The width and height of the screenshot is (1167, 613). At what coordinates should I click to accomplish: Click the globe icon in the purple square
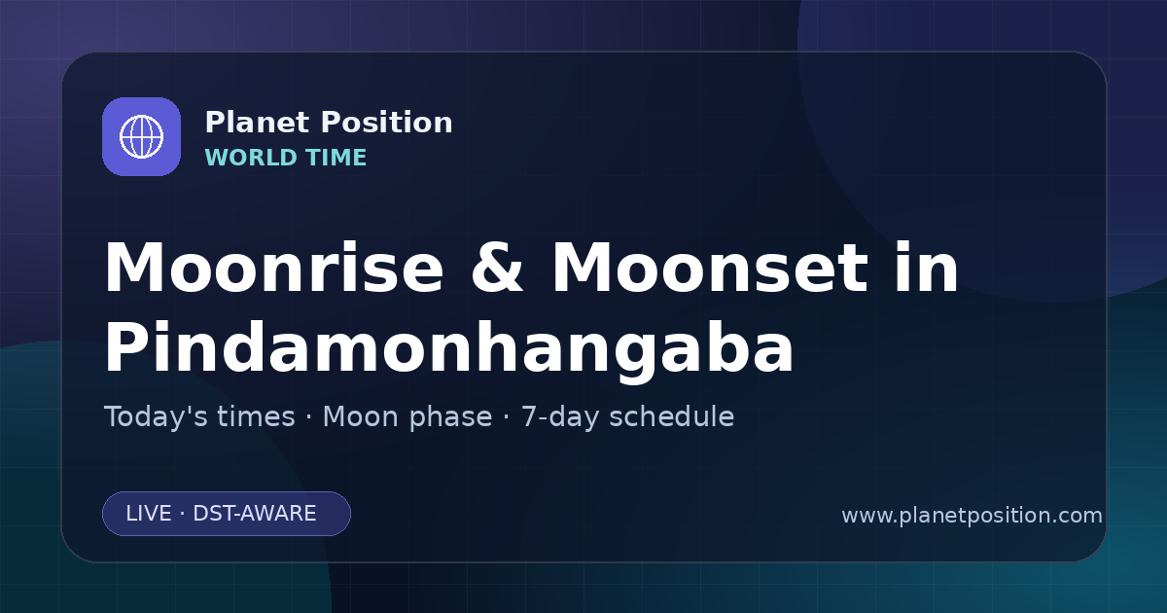pyautogui.click(x=141, y=136)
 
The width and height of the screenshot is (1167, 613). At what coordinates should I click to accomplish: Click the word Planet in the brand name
pyautogui.click(x=258, y=123)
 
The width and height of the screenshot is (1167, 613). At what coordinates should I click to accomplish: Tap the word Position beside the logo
pyautogui.click(x=387, y=123)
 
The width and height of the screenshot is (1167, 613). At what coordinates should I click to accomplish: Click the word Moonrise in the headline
pyautogui.click(x=274, y=268)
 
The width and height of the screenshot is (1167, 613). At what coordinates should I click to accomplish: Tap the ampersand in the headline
pyautogui.click(x=497, y=268)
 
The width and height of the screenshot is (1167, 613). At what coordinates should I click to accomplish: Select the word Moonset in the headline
pyautogui.click(x=710, y=268)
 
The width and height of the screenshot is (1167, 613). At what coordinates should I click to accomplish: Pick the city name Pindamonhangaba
pyautogui.click(x=449, y=348)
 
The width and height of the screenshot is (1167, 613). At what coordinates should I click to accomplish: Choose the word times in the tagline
pyautogui.click(x=256, y=416)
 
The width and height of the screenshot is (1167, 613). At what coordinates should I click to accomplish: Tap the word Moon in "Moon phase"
pyautogui.click(x=361, y=416)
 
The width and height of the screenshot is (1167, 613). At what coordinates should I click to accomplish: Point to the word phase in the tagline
pyautogui.click(x=450, y=418)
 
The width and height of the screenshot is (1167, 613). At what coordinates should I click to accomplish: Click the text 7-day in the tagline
pyautogui.click(x=560, y=418)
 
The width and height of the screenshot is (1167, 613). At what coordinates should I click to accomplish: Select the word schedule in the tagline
pyautogui.click(x=672, y=416)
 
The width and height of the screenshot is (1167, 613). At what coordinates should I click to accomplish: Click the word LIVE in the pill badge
pyautogui.click(x=149, y=514)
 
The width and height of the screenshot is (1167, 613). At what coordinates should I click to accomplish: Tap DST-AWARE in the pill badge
pyautogui.click(x=254, y=514)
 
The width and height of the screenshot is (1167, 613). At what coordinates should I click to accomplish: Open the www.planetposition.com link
pyautogui.click(x=972, y=516)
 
